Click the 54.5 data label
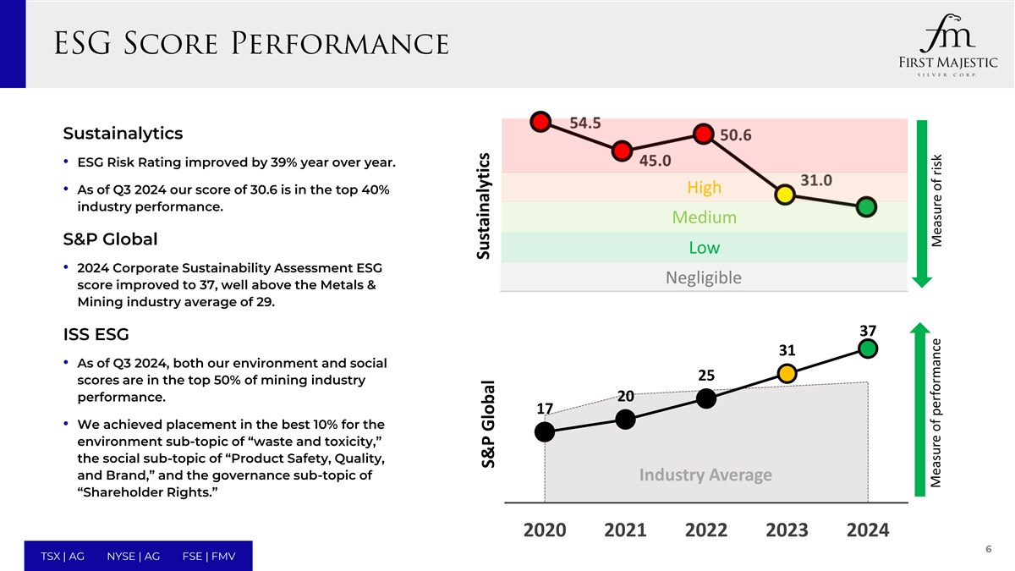pyautogui.click(x=585, y=123)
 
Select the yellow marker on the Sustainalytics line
pyautogui.click(x=785, y=194)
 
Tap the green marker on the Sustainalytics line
pyautogui.click(x=866, y=207)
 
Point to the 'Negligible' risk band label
pyautogui.click(x=703, y=277)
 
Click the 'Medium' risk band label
pyautogui.click(x=704, y=217)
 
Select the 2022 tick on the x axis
pyautogui.click(x=706, y=530)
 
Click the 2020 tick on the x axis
pyautogui.click(x=545, y=530)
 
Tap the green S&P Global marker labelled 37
pyautogui.click(x=867, y=348)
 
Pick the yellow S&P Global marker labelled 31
pyautogui.click(x=787, y=373)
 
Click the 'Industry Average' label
pyautogui.click(x=705, y=475)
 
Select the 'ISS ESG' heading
pyautogui.click(x=96, y=336)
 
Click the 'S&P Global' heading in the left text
pyautogui.click(x=110, y=239)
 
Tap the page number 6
pyautogui.click(x=988, y=549)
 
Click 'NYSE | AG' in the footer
pyautogui.click(x=134, y=556)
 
